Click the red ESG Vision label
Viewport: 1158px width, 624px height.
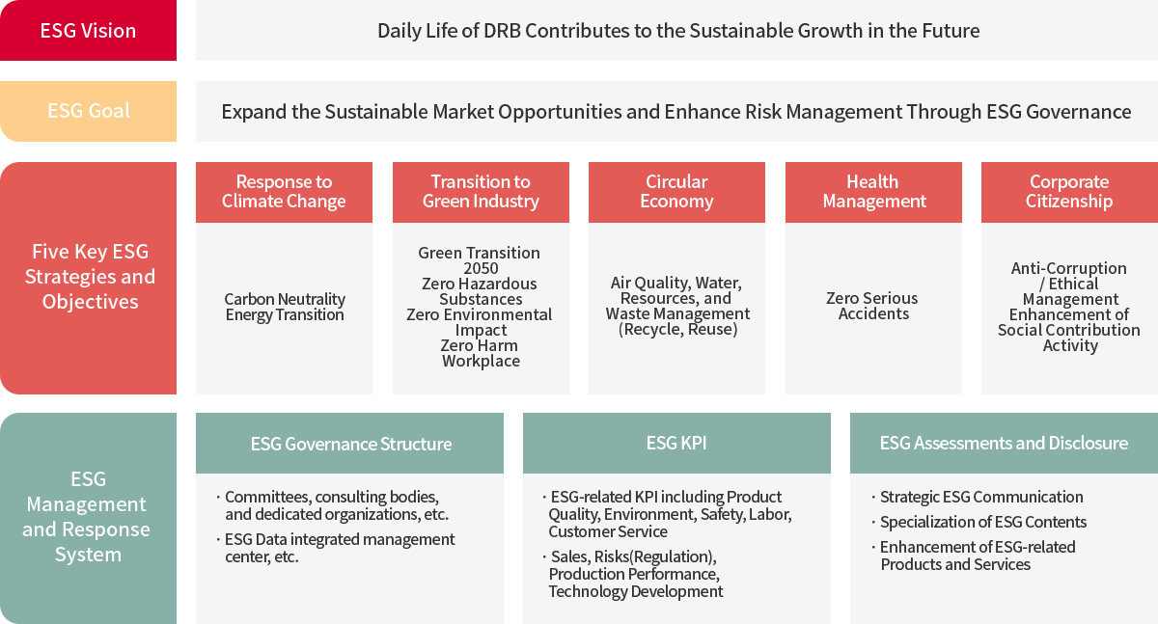click(88, 31)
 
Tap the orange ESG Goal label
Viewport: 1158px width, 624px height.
click(88, 111)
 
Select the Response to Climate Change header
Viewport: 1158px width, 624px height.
click(284, 192)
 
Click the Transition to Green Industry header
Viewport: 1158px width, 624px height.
click(481, 192)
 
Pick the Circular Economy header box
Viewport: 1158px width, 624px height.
click(676, 192)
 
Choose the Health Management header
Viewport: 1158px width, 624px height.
click(873, 192)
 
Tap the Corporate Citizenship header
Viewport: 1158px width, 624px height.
click(1069, 192)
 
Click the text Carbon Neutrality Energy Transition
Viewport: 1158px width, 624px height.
click(285, 307)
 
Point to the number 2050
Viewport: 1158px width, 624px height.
click(481, 269)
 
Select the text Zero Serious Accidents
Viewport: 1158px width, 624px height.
click(872, 306)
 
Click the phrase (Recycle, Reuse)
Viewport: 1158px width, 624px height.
click(677, 329)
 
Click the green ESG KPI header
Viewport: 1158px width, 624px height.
click(676, 444)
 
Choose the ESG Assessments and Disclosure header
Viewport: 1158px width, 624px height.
click(1004, 444)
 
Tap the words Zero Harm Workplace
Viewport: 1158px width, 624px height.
click(480, 353)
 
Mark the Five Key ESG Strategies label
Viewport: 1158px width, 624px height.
click(90, 277)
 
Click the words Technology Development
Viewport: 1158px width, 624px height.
click(636, 591)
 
